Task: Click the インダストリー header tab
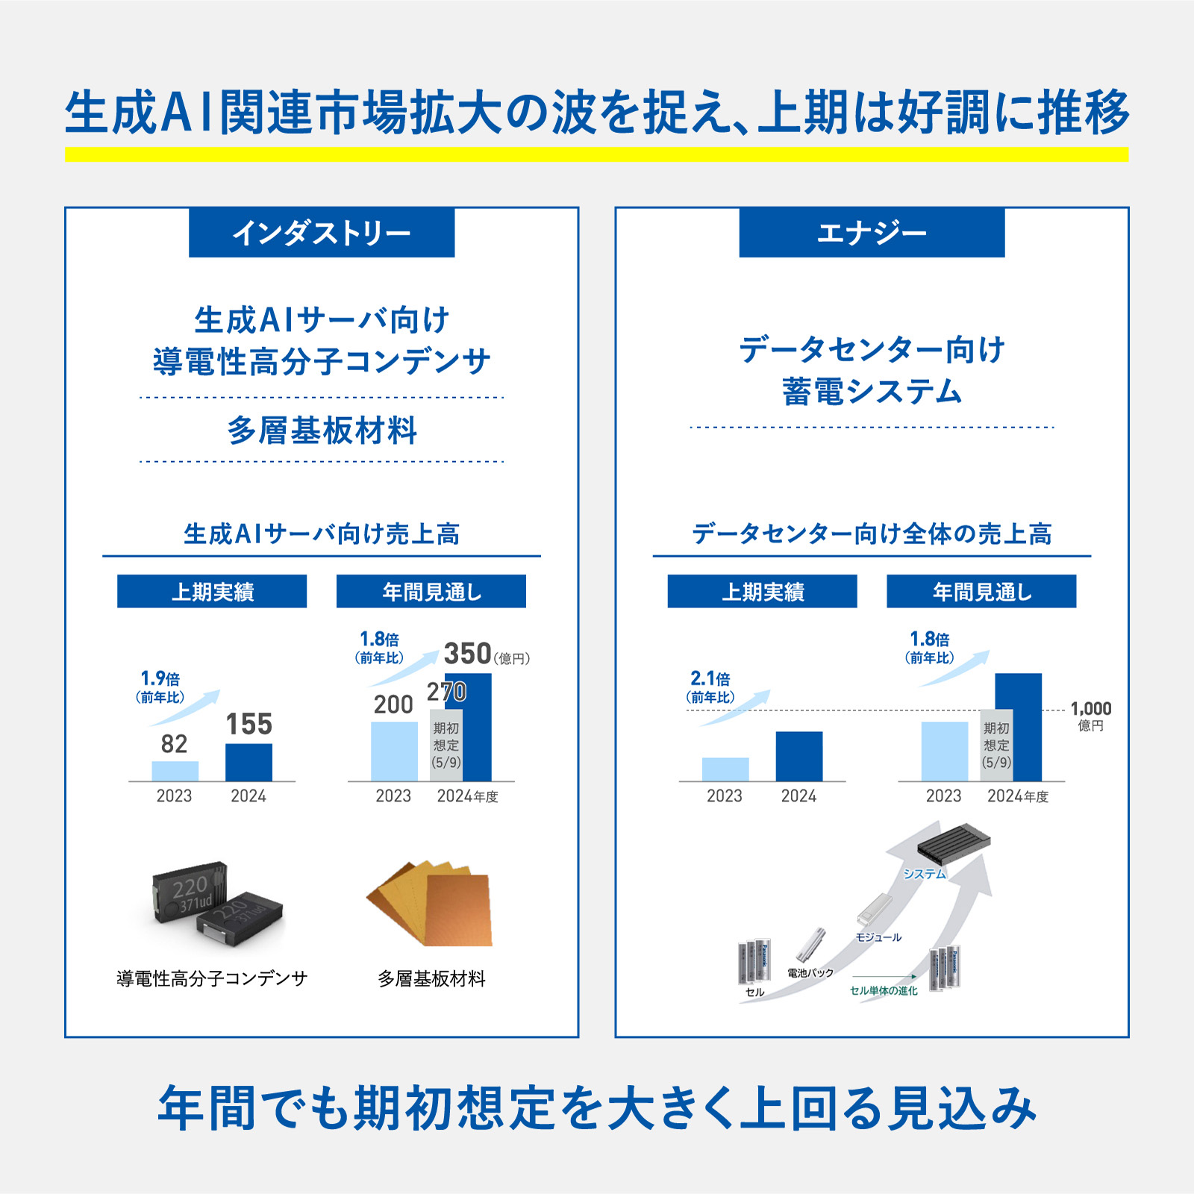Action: point(322,233)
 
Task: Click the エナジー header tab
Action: point(872,233)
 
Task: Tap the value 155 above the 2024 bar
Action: point(249,724)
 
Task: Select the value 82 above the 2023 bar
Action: point(175,744)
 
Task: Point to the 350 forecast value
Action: point(468,654)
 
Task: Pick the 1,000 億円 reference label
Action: point(1091,716)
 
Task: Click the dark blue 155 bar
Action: point(249,763)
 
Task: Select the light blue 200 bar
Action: point(394,751)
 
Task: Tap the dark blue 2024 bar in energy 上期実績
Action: point(799,757)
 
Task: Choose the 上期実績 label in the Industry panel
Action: point(212,591)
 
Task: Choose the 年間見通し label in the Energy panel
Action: point(981,591)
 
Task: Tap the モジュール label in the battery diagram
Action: point(878,937)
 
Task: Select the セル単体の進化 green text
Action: point(884,990)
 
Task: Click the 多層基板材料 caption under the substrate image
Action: point(431,978)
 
